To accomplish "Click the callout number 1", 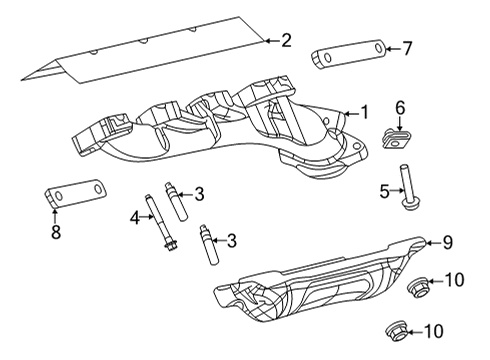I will tap(365, 113).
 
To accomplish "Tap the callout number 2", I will tap(286, 40).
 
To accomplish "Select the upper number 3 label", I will tap(200, 193).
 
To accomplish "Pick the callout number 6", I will tap(400, 107).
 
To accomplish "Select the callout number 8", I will tap(56, 232).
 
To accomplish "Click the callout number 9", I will tap(448, 241).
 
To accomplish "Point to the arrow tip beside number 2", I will tap(266, 40).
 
